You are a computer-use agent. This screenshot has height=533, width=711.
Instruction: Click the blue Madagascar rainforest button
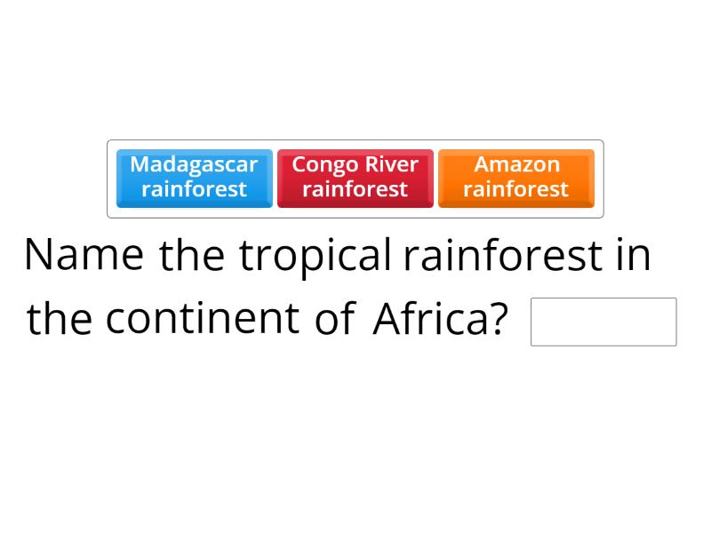click(194, 178)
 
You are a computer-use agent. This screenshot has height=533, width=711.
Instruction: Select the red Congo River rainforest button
click(355, 178)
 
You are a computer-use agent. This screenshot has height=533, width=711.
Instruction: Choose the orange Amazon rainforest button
click(515, 178)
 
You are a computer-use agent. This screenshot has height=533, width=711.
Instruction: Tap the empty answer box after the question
click(603, 322)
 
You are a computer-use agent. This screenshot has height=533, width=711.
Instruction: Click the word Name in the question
click(84, 256)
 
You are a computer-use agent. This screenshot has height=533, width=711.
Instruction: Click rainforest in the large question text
click(502, 256)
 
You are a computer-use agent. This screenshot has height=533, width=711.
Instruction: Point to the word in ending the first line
click(634, 256)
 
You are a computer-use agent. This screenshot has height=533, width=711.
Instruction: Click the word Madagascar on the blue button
click(194, 164)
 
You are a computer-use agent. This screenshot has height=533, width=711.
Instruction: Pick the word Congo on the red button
click(325, 164)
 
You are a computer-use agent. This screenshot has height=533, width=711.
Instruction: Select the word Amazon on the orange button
click(516, 164)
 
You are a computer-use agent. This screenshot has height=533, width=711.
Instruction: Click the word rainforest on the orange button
click(515, 189)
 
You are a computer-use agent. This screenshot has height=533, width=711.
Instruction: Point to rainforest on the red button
click(355, 189)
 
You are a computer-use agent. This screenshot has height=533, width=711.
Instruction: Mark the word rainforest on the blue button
click(194, 189)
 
